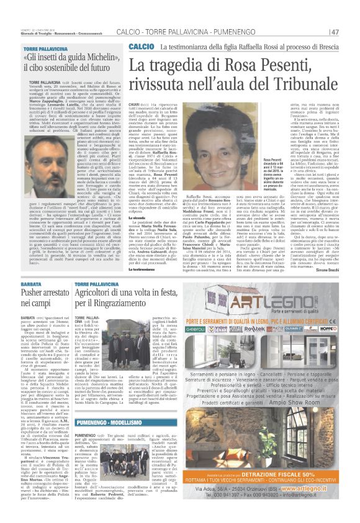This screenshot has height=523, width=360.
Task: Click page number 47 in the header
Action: pyautogui.click(x=334, y=31)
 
